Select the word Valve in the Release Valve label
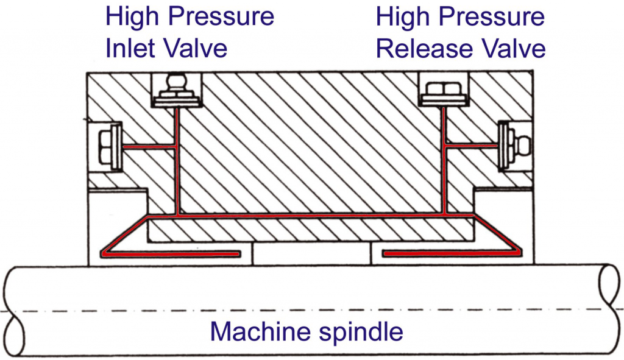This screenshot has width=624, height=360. point(512,48)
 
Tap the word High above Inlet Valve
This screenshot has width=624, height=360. point(132,16)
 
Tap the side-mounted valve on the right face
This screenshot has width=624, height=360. point(512,146)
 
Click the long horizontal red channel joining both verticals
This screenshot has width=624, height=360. point(311,216)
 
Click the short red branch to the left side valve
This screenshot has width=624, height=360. point(149,146)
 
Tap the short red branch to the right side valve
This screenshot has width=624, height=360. point(472,146)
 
